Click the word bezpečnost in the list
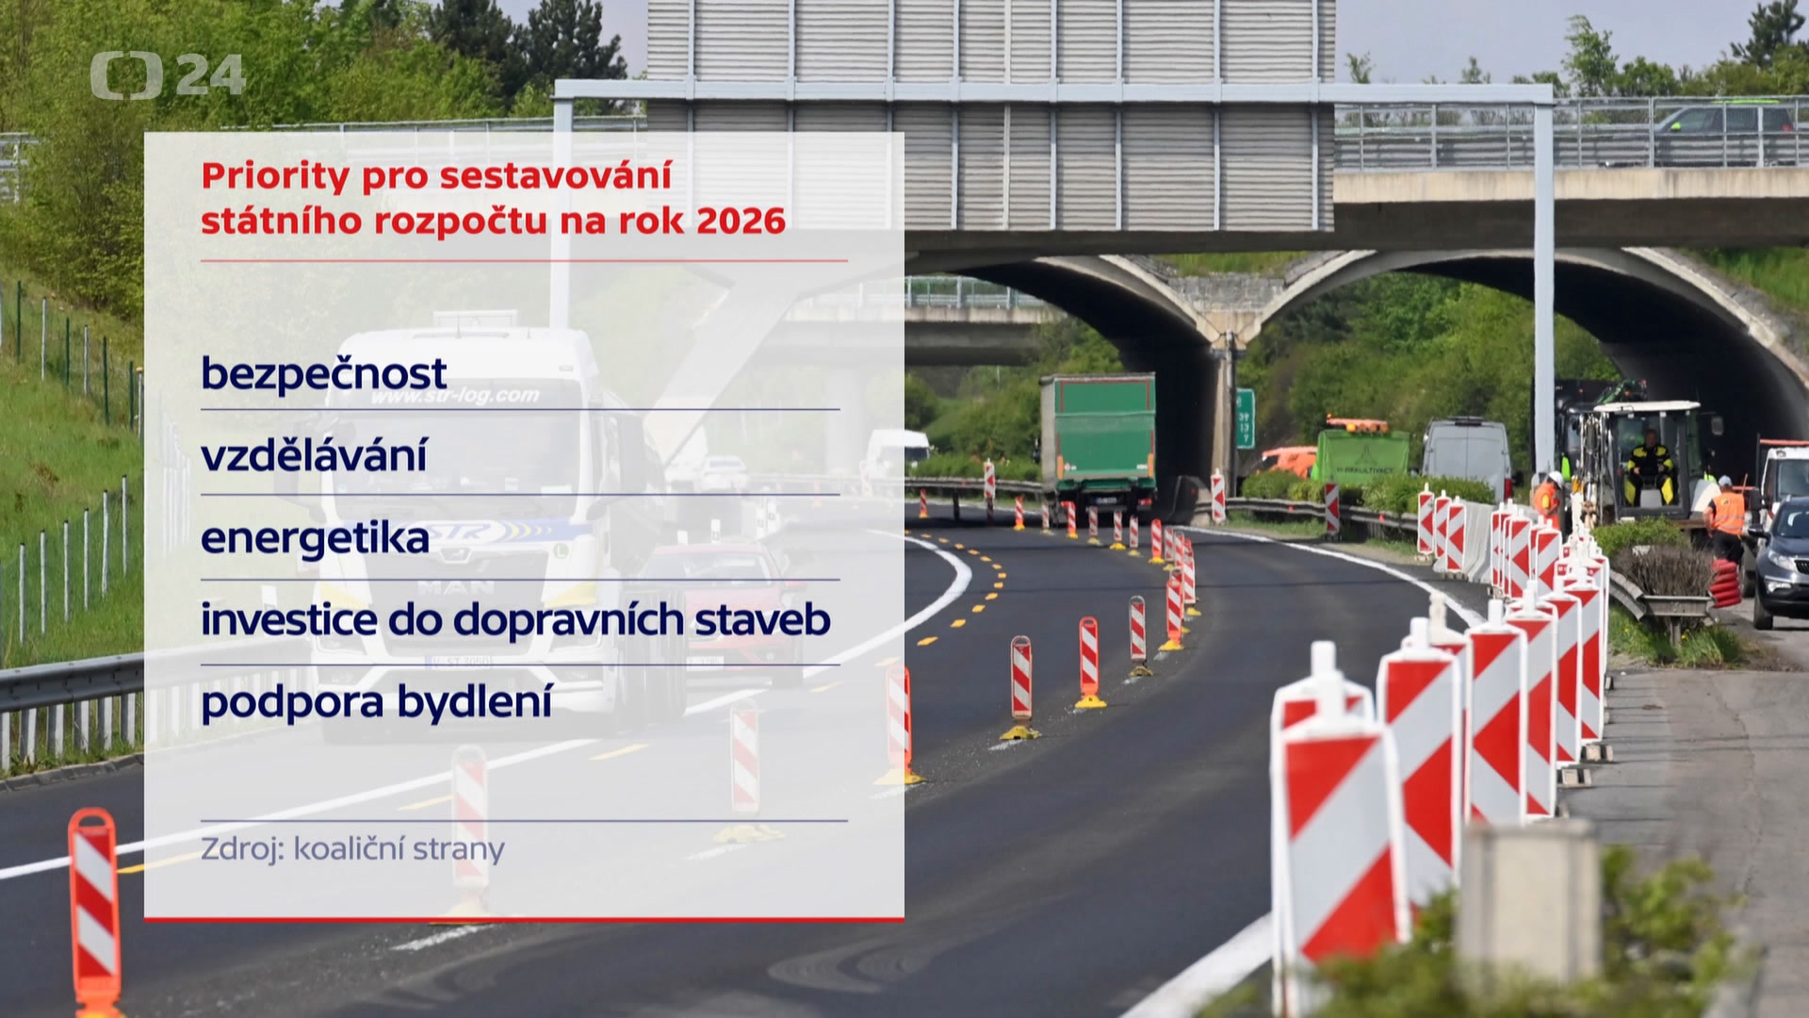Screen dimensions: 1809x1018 pyautogui.click(x=323, y=374)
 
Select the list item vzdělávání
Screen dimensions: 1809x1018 pyautogui.click(x=314, y=455)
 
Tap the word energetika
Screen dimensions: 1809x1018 pyautogui.click(x=315, y=538)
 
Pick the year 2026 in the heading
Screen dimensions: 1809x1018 pyautogui.click(x=741, y=221)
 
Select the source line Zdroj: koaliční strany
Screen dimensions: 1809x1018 pyautogui.click(x=352, y=849)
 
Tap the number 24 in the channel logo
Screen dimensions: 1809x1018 pyautogui.click(x=210, y=75)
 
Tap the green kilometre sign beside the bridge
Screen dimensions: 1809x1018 pyautogui.click(x=1245, y=418)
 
